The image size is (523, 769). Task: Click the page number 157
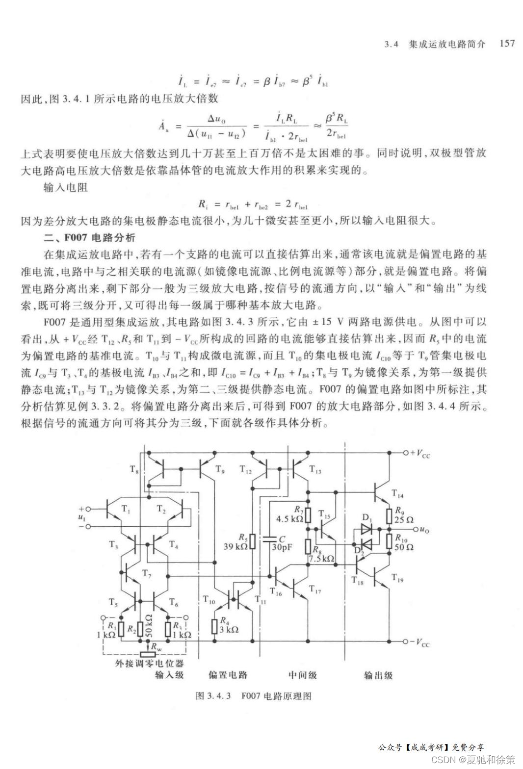tap(507, 43)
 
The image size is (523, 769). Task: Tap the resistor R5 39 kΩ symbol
tap(252, 542)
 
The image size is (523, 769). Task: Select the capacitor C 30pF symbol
tap(269, 539)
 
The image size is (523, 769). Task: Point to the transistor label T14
tap(397, 494)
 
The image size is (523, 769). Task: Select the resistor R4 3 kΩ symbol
tap(215, 626)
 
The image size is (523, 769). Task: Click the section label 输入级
tap(169, 675)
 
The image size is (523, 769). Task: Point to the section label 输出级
tap(378, 675)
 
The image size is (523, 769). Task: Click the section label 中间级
tap(302, 675)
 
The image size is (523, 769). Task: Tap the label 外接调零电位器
tap(149, 664)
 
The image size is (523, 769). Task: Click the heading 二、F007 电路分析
tap(89, 238)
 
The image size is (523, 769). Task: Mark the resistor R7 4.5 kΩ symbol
tap(308, 515)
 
